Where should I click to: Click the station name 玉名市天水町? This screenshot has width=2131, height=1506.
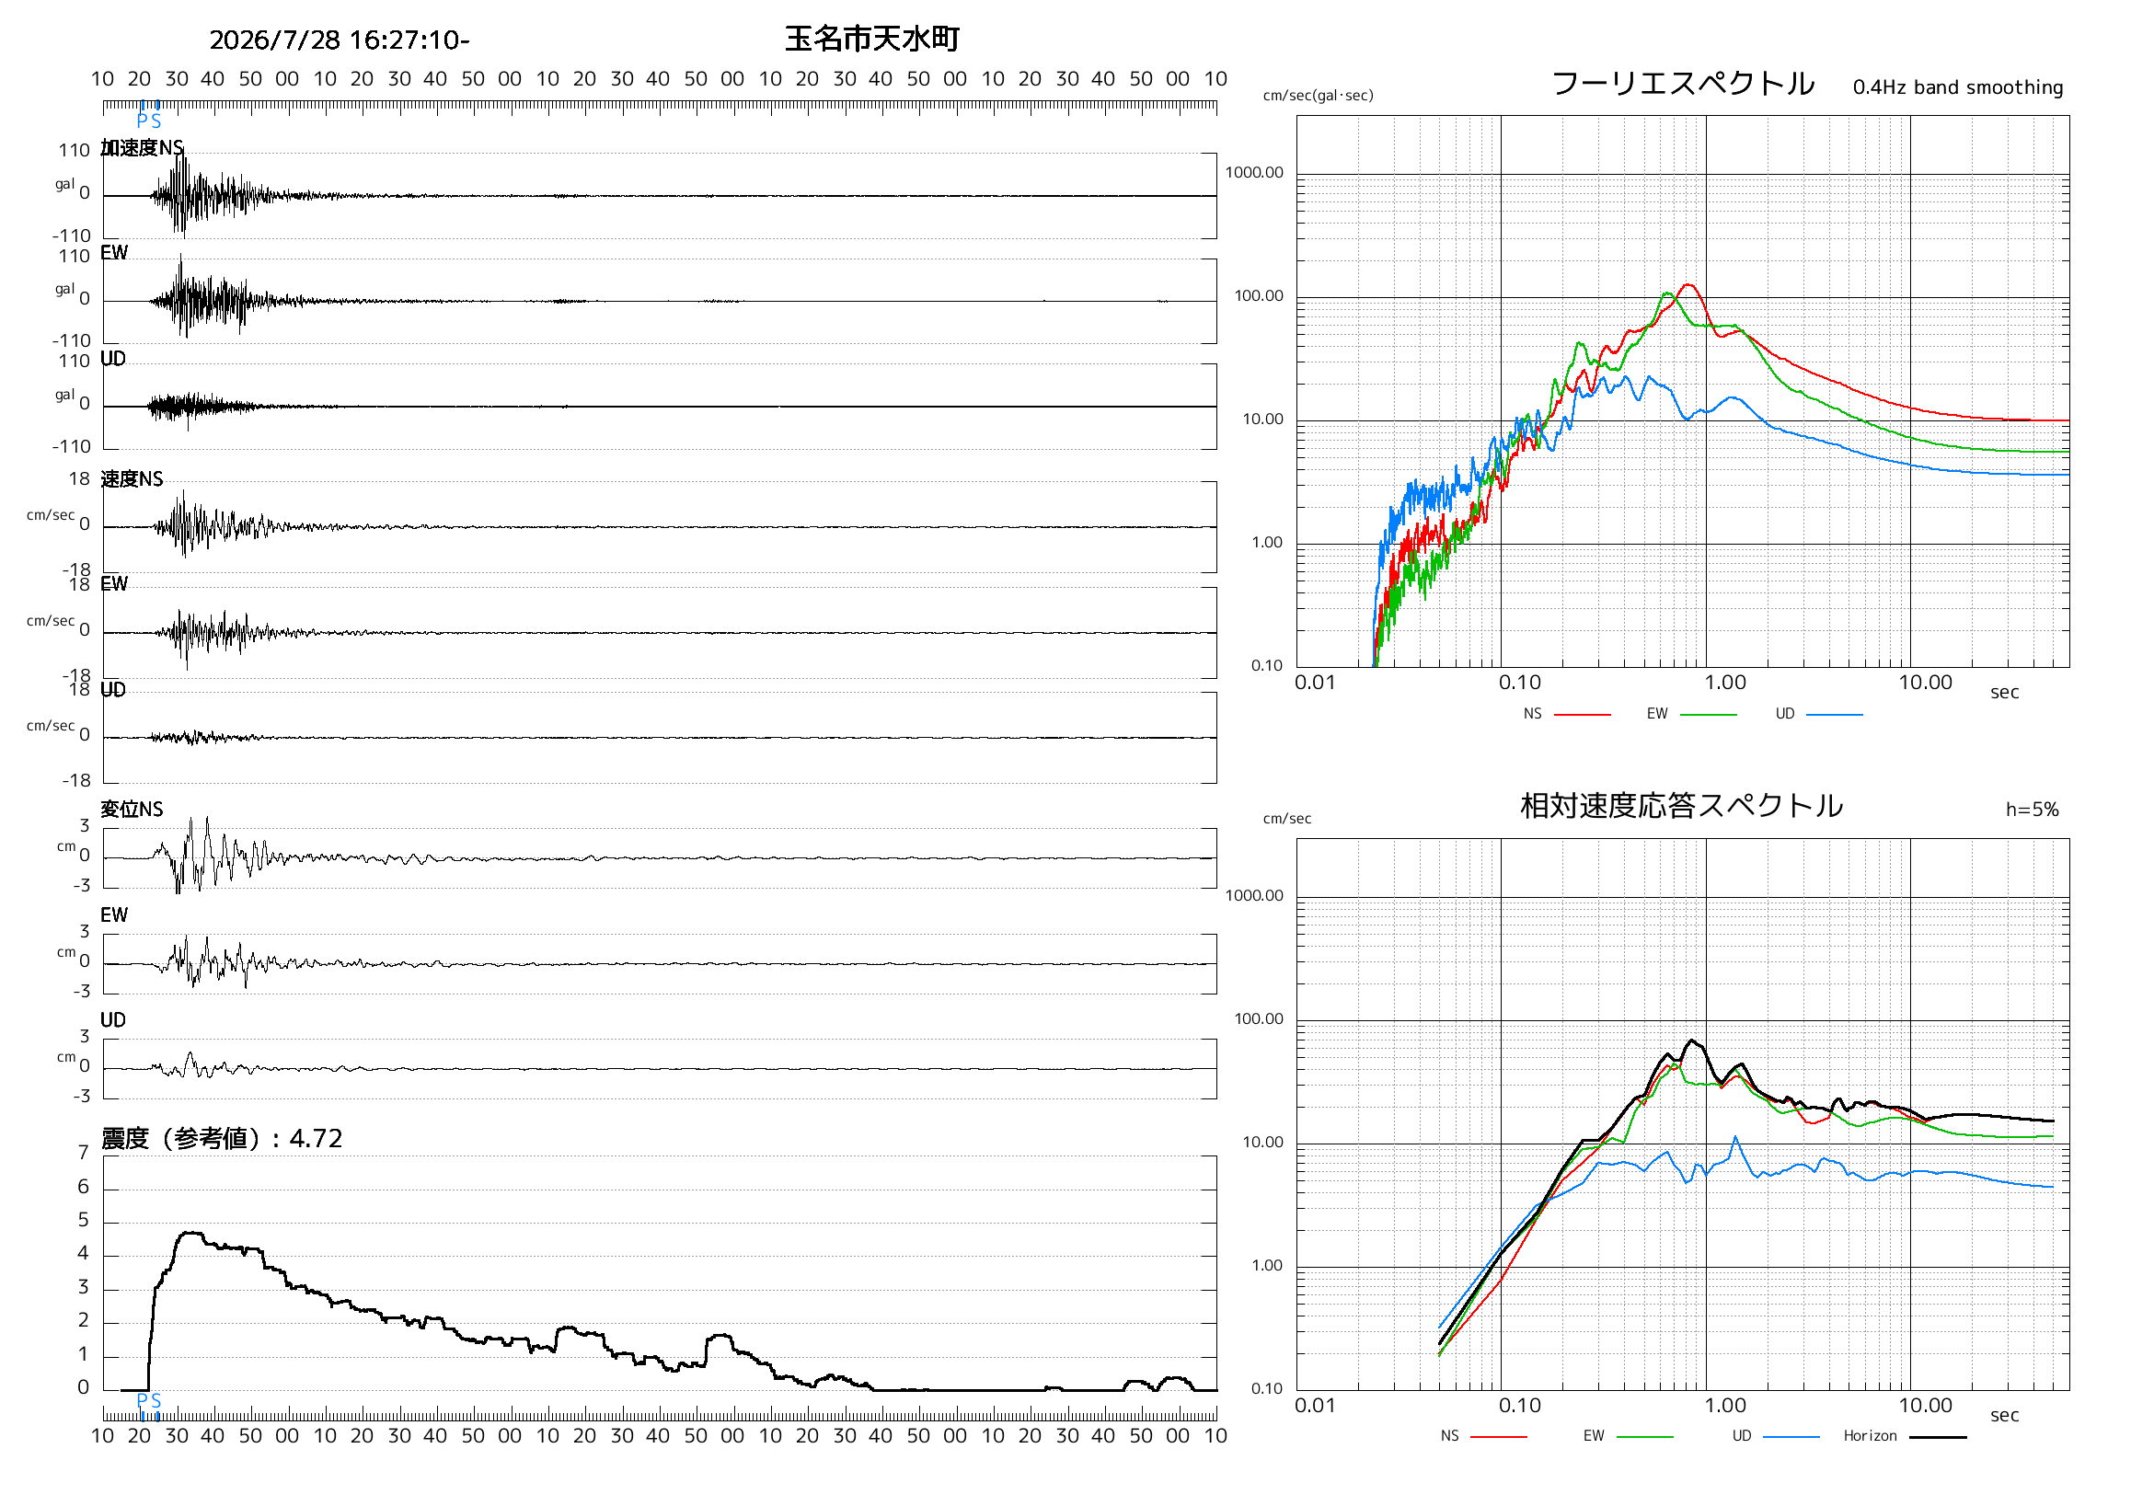(871, 39)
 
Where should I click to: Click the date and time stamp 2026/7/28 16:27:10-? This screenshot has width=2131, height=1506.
(340, 40)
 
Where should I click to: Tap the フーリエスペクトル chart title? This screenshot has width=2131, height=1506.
(1683, 84)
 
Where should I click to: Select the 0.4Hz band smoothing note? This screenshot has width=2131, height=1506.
(1957, 87)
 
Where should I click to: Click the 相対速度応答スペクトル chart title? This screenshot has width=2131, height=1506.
(1681, 805)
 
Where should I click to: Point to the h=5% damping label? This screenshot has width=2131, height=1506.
(2032, 810)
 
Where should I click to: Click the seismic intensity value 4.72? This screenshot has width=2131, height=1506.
(316, 1138)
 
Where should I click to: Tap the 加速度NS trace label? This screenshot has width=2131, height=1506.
(142, 147)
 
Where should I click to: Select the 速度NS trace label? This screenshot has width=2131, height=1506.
(132, 478)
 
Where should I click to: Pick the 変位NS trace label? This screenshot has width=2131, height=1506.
(132, 810)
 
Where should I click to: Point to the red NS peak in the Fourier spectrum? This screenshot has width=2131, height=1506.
(1688, 285)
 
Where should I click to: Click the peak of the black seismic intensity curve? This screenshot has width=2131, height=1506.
(190, 1232)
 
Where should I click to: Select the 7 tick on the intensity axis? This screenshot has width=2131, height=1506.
(84, 1153)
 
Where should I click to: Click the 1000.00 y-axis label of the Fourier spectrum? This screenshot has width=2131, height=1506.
(1254, 173)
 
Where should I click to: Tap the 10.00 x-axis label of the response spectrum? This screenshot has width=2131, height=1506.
(1925, 1406)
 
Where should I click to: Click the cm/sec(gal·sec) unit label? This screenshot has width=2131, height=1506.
(1318, 96)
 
